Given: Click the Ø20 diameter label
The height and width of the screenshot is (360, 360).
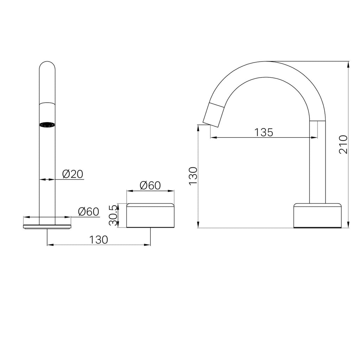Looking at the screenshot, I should coord(73,174).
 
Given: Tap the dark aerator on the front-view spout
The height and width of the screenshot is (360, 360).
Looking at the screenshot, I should coord(47,125).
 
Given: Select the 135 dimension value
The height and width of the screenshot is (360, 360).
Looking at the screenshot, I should coord(264,132).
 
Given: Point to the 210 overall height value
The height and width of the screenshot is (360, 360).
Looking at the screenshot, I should coord(343,144).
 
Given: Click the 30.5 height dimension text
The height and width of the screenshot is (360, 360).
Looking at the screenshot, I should coord(112,215).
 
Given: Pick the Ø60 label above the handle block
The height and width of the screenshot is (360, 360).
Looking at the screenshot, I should coord(150,185).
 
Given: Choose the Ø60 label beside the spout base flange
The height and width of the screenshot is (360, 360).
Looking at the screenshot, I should coord(88,211).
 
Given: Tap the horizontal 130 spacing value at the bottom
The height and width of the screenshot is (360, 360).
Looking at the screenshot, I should coord(98,240).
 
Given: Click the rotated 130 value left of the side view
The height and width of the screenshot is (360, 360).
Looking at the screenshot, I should coord(193,176).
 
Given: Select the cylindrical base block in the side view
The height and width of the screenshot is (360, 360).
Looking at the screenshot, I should coord(317,215).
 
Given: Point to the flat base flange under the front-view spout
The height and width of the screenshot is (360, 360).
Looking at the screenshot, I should coord(47,226).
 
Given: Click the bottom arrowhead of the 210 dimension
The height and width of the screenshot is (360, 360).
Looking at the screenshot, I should coord(348,225).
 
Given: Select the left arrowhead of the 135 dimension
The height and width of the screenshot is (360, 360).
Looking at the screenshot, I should coord(212,137).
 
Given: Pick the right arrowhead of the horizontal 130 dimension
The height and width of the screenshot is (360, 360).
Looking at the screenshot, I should coord(148,245).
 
